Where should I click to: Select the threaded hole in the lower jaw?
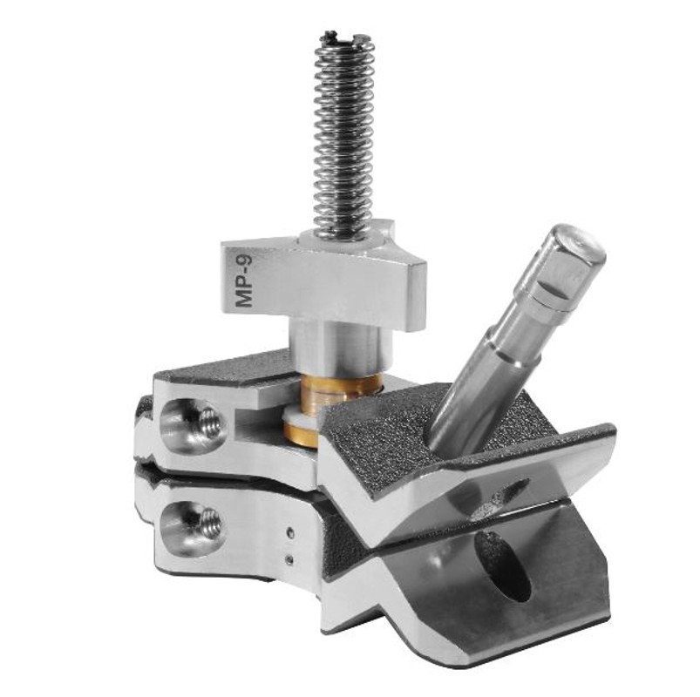tap(207, 524)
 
